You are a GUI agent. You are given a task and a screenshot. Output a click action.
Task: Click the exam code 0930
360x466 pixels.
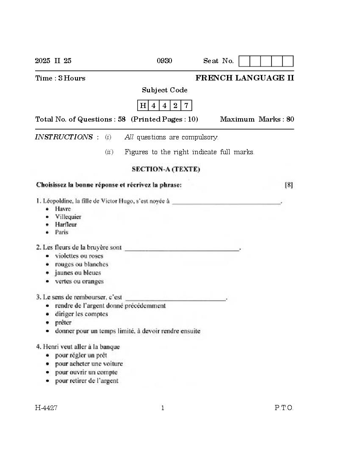[164, 61]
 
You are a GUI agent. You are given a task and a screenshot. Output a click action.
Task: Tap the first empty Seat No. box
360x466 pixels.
[244, 61]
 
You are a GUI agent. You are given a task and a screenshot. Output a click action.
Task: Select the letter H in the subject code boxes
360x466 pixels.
[143, 105]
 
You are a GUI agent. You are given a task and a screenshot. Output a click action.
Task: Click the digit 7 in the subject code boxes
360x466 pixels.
[186, 105]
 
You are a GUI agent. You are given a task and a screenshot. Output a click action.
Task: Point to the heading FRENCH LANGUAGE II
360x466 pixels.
[244, 78]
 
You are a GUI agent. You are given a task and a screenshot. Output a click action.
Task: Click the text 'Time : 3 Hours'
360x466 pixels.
[60, 78]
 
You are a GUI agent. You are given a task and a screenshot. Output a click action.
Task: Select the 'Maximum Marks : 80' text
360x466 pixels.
[257, 119]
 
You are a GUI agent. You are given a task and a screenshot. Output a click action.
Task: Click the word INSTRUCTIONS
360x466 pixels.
[64, 137]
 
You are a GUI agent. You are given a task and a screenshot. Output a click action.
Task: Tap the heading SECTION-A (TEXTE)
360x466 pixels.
[166, 169]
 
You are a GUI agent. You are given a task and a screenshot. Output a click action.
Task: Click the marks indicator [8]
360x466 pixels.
[289, 185]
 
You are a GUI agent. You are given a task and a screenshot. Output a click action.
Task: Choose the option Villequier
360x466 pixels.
[68, 217]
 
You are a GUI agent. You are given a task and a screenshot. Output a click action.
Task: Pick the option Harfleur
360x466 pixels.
[66, 225]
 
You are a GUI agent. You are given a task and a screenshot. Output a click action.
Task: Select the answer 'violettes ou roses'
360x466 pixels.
[79, 256]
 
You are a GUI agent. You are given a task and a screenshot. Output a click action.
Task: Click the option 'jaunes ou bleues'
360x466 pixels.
[78, 273]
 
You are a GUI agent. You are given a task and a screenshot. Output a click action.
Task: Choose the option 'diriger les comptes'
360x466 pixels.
[81, 314]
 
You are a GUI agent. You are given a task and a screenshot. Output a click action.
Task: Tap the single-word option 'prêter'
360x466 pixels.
[63, 322]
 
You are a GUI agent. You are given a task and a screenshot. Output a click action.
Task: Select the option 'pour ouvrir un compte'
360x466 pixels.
[86, 372]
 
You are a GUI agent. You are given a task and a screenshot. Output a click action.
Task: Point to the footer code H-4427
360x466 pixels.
[46, 408]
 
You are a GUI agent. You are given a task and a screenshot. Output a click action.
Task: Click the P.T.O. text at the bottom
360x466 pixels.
[283, 408]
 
